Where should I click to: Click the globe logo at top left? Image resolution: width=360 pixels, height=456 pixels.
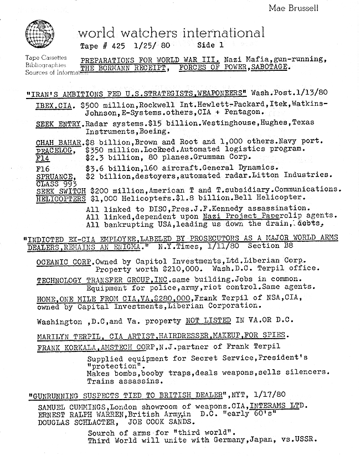pos(40,34)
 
